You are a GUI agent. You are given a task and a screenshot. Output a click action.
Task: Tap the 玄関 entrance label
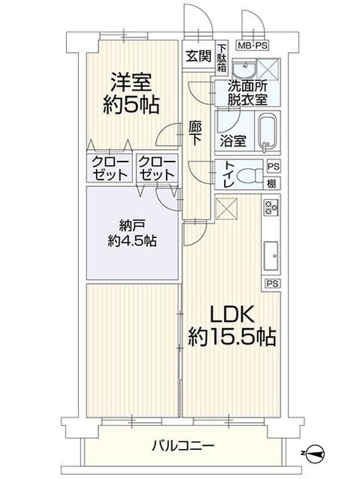click(198, 56)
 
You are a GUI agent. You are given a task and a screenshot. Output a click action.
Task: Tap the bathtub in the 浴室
click(268, 132)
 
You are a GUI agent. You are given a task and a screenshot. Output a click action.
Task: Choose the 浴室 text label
click(233, 140)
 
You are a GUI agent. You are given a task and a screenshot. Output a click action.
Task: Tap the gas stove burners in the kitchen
click(271, 209)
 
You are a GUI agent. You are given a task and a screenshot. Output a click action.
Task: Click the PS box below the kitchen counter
click(271, 283)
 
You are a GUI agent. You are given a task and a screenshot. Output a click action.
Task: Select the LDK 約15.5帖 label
click(232, 324)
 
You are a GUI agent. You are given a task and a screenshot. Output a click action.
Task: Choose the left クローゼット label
click(110, 167)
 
